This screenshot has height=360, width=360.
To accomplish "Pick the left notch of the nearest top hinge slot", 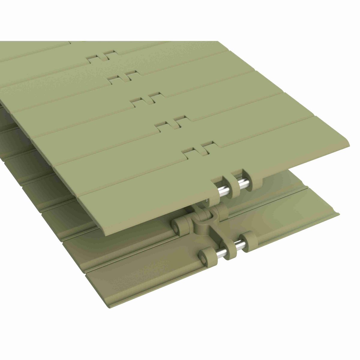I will click(190, 154).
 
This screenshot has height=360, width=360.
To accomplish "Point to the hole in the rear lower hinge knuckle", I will click(176, 223).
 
